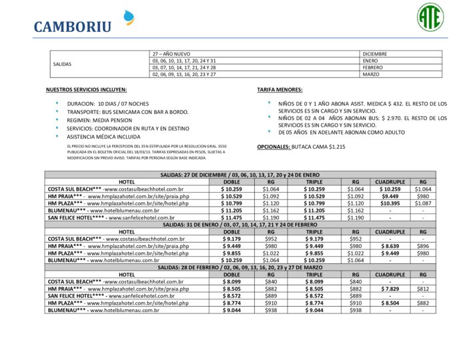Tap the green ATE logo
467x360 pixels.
click(x=430, y=16)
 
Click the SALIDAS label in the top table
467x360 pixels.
click(x=62, y=64)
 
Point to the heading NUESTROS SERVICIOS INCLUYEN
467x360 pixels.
click(x=86, y=89)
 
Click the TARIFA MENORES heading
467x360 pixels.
click(x=280, y=89)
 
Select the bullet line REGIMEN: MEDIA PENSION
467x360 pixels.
click(x=99, y=120)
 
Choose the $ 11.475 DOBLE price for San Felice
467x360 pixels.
click(x=231, y=217)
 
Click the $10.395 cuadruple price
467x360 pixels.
click(x=390, y=203)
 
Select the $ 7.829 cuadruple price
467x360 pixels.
click(x=390, y=289)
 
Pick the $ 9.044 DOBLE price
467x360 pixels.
click(x=231, y=310)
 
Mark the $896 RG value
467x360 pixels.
click(x=423, y=245)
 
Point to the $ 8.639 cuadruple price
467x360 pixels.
click(x=390, y=245)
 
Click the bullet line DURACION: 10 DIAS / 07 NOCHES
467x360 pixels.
click(x=108, y=104)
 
